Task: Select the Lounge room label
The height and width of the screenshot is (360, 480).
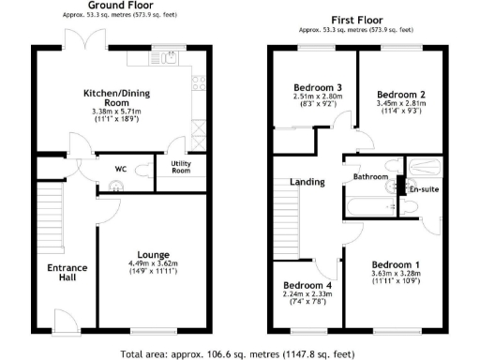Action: pyautogui.click(x=152, y=254)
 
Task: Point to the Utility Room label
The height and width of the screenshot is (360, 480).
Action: pyautogui.click(x=180, y=167)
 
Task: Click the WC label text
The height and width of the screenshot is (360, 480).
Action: pyautogui.click(x=121, y=169)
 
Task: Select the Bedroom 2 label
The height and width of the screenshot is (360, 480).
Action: pyautogui.click(x=401, y=95)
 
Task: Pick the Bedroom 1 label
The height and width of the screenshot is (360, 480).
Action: pyautogui.click(x=395, y=264)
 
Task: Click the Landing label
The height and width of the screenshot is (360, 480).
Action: pyautogui.click(x=307, y=182)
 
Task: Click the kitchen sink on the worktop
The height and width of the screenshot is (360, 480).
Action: pyautogui.click(x=170, y=58)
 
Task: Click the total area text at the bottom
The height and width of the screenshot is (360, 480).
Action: pyautogui.click(x=238, y=354)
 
